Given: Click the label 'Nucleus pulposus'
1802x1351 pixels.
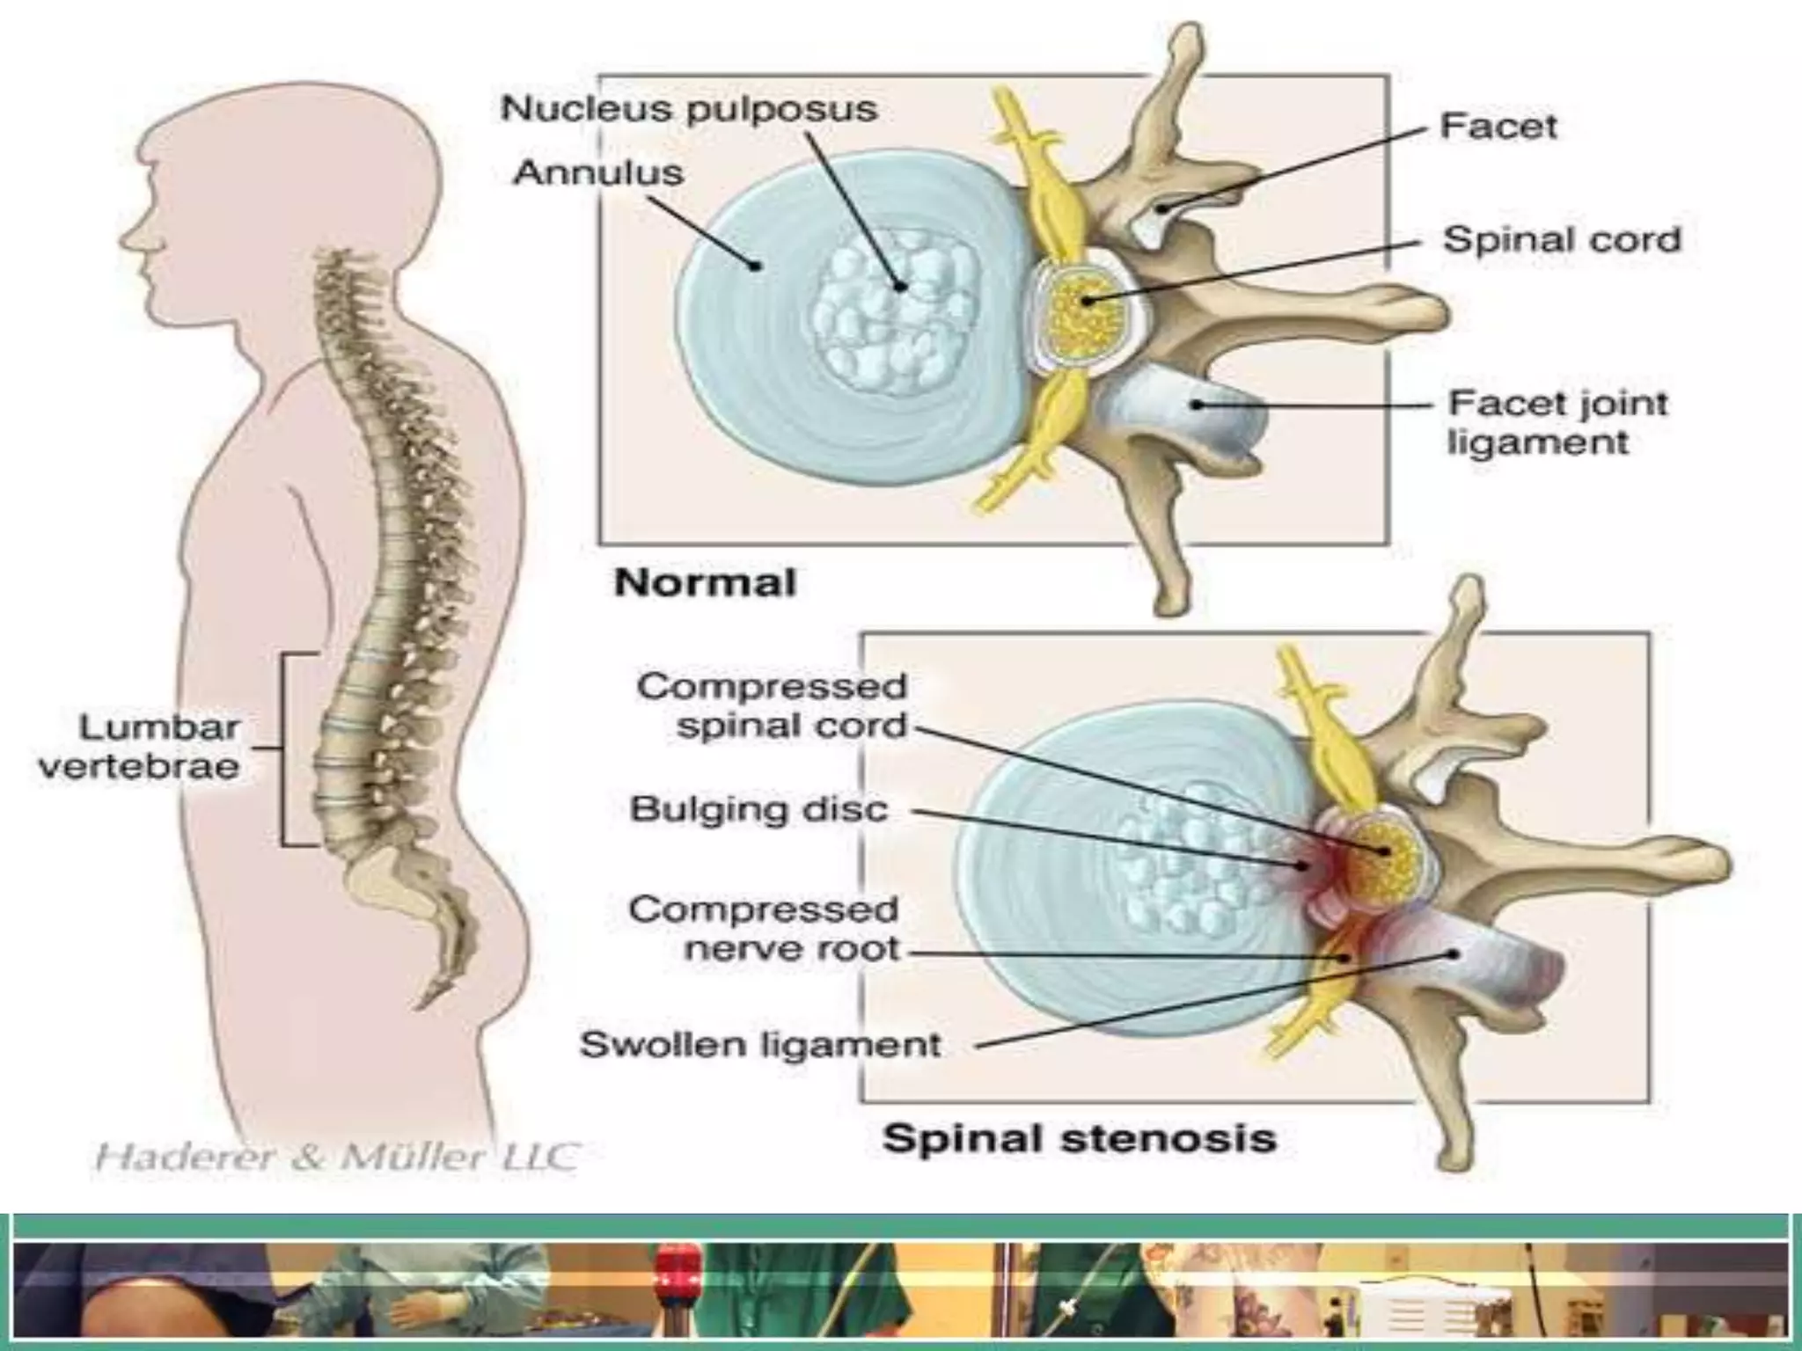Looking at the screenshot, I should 689,110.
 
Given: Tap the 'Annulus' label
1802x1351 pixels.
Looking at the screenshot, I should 598,172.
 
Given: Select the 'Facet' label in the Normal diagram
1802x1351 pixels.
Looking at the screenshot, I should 1498,127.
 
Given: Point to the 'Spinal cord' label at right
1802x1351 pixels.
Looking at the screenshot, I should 1562,239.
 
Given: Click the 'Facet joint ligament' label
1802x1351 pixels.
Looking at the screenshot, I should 1557,422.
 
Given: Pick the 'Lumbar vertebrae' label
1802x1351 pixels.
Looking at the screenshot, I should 141,747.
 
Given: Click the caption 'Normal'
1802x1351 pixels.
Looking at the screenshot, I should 705,582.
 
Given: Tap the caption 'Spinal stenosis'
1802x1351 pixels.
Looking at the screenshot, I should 1080,1138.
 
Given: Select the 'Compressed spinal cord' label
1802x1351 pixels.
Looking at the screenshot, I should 772,705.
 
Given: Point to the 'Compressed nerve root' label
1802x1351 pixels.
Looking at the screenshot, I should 764,929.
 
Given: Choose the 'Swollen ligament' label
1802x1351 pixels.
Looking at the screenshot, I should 760,1045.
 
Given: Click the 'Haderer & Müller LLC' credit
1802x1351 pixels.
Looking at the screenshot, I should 336,1157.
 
